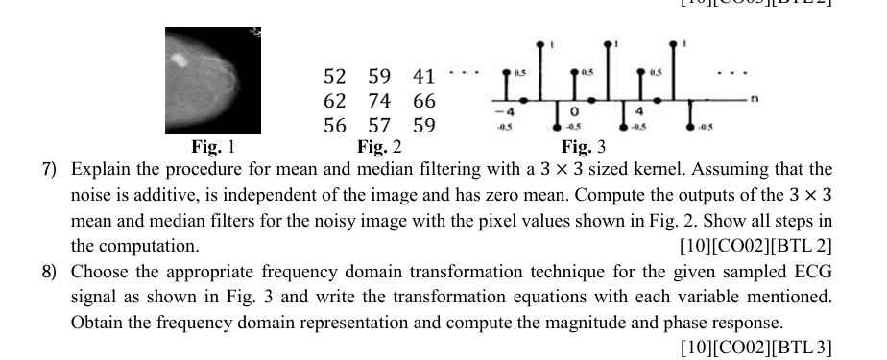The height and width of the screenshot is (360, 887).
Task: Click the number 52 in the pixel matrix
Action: tap(335, 77)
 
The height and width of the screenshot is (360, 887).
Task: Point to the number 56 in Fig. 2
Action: tap(335, 125)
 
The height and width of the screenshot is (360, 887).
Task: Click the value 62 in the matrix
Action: tap(335, 101)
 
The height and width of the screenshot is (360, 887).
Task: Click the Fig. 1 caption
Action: tap(213, 147)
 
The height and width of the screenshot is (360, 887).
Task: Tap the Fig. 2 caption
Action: tap(378, 147)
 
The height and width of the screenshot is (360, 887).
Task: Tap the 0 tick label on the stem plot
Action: tap(572, 109)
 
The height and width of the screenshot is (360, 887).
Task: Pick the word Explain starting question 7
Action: tap(100, 171)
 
